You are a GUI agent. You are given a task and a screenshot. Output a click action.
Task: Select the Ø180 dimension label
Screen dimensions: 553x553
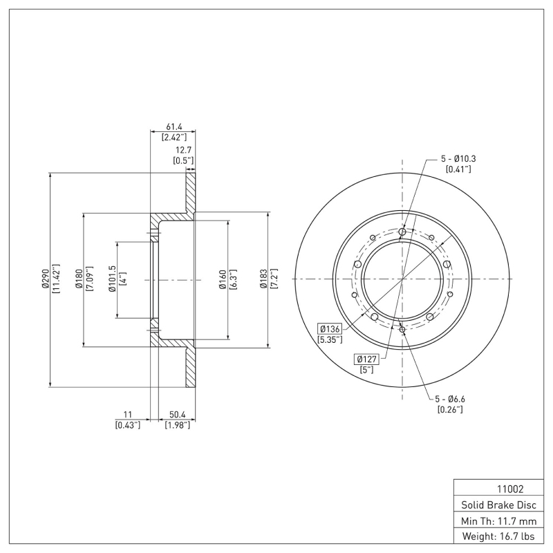point(78,279)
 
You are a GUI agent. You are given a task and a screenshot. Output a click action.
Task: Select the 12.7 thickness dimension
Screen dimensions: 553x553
point(183,149)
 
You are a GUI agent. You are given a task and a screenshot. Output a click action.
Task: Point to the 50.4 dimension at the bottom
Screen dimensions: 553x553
point(177,414)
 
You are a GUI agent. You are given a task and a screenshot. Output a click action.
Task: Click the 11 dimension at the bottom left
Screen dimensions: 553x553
point(127,414)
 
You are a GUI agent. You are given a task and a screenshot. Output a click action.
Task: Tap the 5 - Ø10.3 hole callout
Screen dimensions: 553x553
point(458,158)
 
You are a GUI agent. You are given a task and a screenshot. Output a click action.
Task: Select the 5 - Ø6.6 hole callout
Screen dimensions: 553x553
point(450,399)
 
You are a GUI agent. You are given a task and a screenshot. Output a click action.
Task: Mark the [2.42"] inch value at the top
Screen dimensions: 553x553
point(172,138)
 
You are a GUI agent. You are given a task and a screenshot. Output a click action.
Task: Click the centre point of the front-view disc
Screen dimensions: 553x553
point(402,279)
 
